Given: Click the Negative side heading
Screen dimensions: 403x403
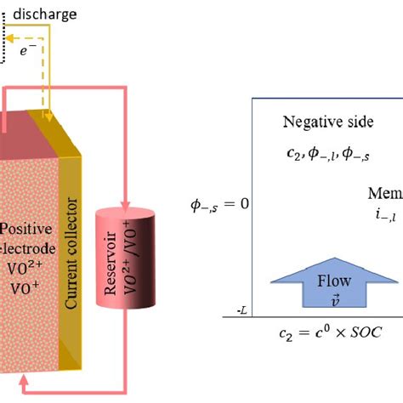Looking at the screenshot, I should click(x=327, y=122).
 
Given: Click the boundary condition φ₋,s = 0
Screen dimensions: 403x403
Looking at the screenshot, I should click(x=219, y=205).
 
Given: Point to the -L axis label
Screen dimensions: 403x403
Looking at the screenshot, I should click(x=242, y=312).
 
